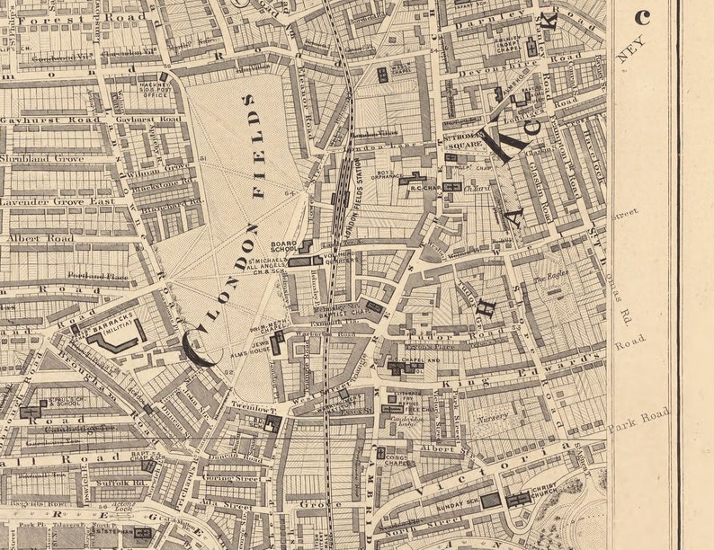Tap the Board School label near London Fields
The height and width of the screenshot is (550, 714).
285,246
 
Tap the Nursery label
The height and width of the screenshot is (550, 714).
493,416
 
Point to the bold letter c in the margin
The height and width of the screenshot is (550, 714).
642,17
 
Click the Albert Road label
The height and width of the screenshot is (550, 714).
40,239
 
